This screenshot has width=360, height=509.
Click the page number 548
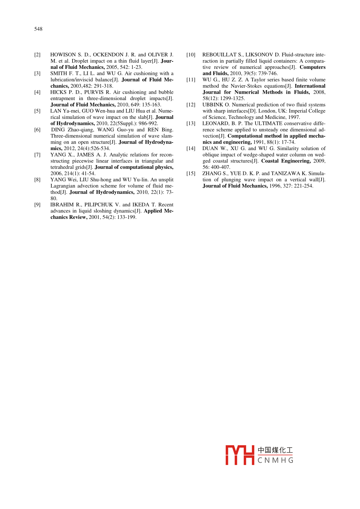click(x=38, y=29)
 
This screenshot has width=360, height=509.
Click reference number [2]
click(x=37, y=55)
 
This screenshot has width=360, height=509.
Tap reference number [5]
click(x=37, y=111)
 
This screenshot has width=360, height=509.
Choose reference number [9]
click(x=37, y=205)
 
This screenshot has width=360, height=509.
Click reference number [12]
click(x=191, y=105)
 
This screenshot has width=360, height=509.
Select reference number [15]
click(x=191, y=174)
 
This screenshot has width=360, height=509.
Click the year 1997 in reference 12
click(x=294, y=117)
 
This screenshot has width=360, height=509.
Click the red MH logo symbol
click(x=240, y=455)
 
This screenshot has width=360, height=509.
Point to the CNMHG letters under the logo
click(x=275, y=460)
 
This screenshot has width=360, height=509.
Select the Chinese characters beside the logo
click(x=275, y=450)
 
